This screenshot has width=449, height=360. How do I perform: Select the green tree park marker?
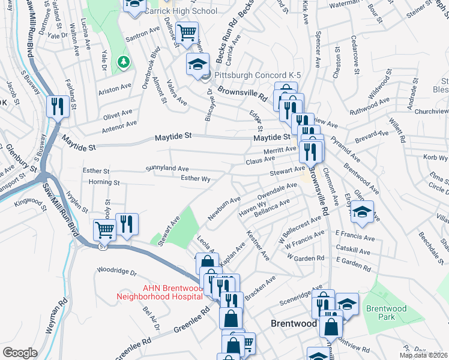[x=123, y=62]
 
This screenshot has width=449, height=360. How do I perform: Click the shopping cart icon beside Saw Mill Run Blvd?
[x=105, y=229]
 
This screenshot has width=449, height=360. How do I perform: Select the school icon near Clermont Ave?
[x=362, y=211]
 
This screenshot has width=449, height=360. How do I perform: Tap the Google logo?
[x=20, y=353]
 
